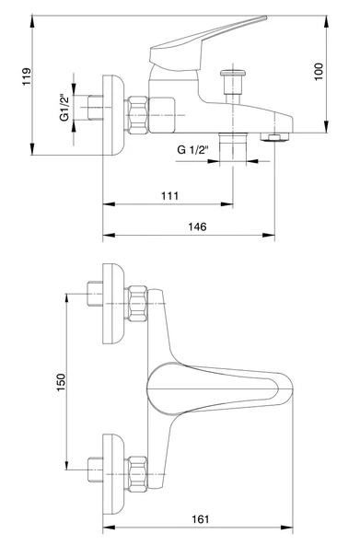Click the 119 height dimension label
pos(27,76)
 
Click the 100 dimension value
pos(319,72)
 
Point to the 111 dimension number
pos(170,196)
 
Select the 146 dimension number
pos(197,226)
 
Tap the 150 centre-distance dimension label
pos(61,382)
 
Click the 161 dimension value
pos(201,519)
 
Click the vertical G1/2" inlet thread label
pos(64,108)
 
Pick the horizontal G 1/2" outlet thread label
pos(192,150)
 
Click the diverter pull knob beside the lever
pos(233,83)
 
